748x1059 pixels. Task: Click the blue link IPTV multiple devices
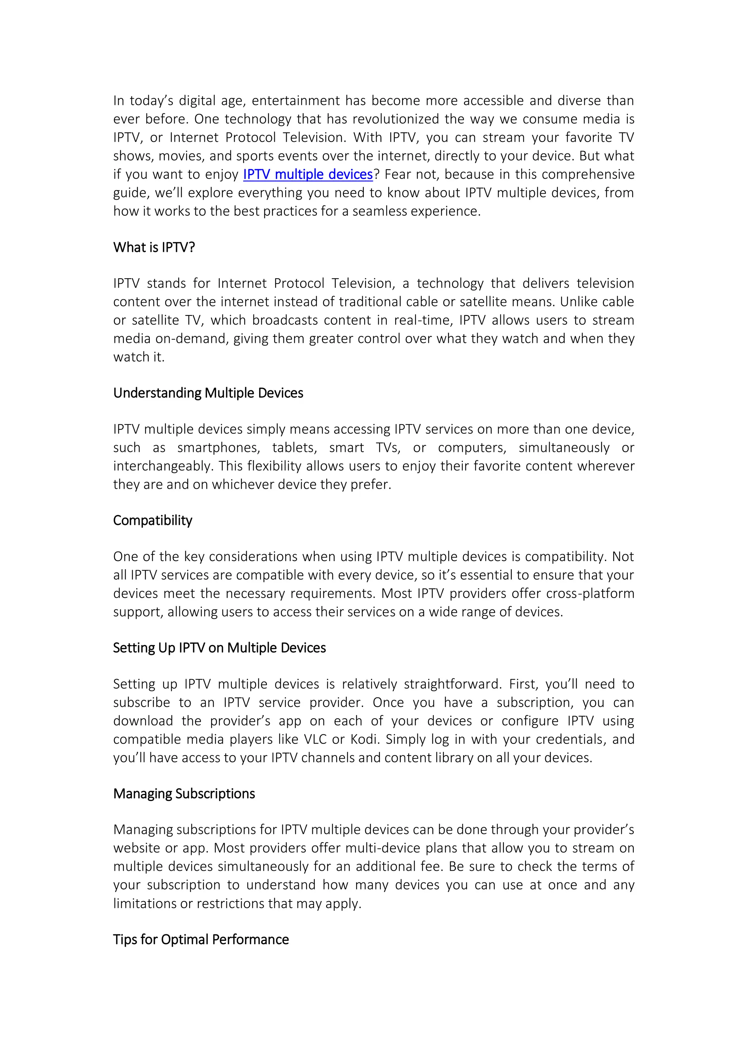tap(308, 174)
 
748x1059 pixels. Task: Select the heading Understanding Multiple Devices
tap(208, 393)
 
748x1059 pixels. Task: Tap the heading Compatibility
tap(153, 520)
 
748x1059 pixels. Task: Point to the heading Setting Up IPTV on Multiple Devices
tap(220, 648)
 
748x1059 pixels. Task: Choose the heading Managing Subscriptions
tap(184, 793)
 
